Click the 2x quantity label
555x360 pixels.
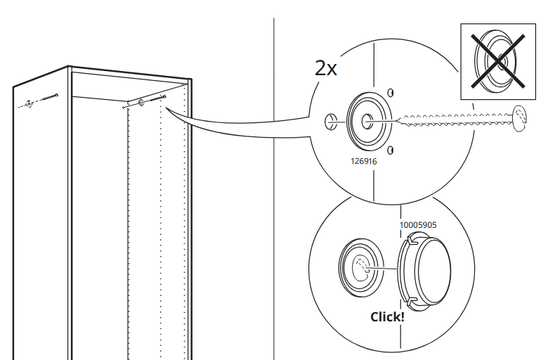(326, 68)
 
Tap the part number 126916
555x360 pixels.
(363, 161)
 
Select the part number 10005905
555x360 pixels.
(418, 225)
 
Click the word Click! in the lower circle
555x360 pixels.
(387, 317)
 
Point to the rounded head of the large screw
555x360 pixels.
(520, 118)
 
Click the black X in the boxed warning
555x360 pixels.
(497, 60)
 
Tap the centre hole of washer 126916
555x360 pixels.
(367, 122)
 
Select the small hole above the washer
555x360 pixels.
(390, 93)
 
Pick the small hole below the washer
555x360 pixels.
(390, 150)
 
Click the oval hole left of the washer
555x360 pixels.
(329, 122)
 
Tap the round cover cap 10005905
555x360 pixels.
(424, 271)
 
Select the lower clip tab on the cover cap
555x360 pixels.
(412, 302)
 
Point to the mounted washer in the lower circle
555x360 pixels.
(360, 267)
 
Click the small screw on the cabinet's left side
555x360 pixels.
(50, 97)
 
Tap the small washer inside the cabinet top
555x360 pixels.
(141, 103)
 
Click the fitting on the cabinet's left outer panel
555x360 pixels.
(29, 104)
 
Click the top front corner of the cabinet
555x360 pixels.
(69, 66)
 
